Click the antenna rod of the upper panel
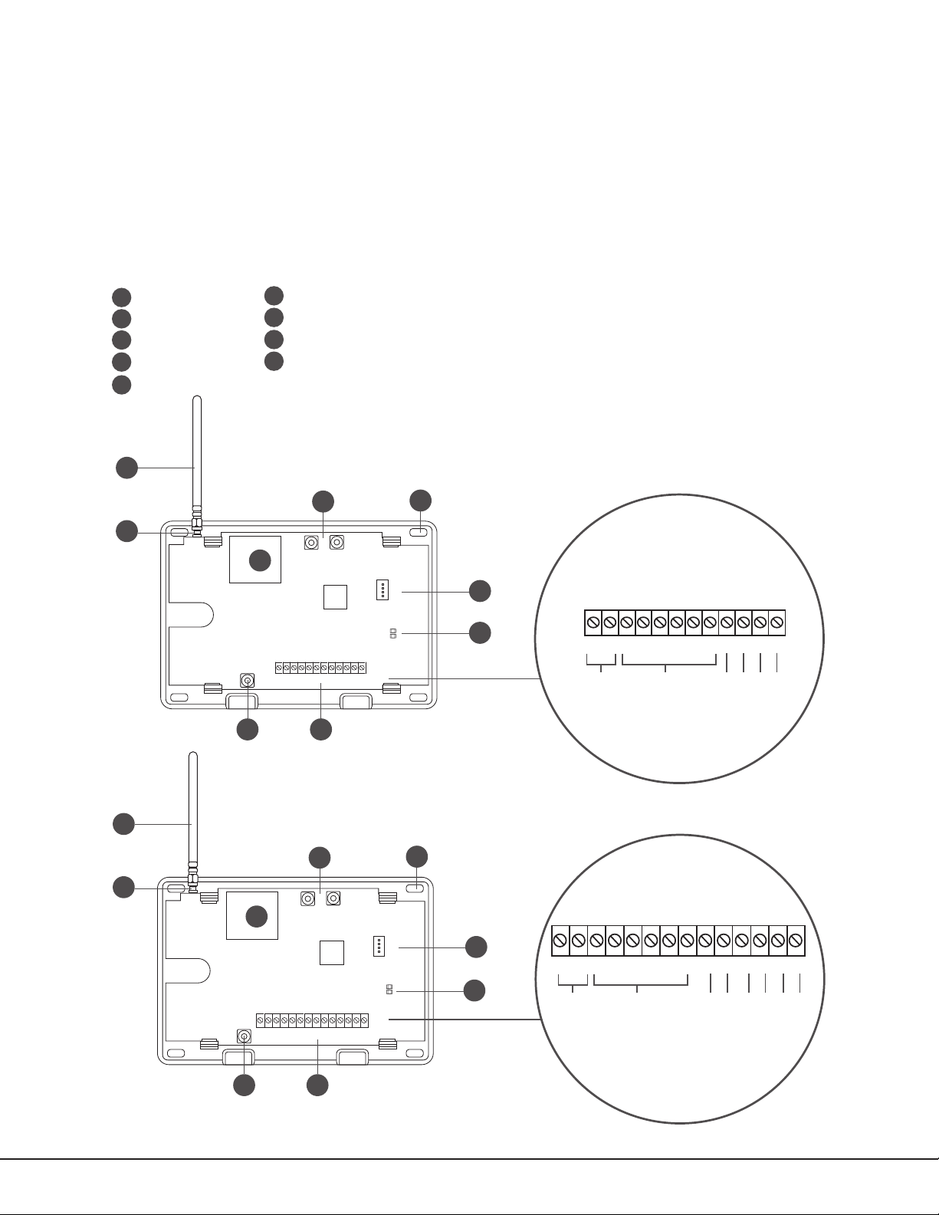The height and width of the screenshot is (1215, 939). [x=196, y=452]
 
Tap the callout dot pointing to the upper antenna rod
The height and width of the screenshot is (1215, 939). [x=126, y=468]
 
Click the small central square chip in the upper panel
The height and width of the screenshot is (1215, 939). [x=335, y=596]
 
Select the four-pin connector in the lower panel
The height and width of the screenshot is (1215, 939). [x=379, y=946]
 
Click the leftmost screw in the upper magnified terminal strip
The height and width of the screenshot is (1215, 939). [x=593, y=623]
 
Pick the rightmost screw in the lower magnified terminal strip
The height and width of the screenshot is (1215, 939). [x=795, y=940]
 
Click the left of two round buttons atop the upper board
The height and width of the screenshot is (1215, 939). [x=312, y=543]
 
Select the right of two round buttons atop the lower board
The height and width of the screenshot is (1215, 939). [x=333, y=898]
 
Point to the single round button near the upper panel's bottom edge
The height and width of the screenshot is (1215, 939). [x=248, y=680]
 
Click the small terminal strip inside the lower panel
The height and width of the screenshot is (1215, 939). [x=312, y=1020]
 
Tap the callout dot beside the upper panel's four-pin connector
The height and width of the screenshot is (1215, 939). [x=480, y=591]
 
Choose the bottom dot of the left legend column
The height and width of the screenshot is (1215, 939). [x=121, y=385]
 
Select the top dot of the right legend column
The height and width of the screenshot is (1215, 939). [x=274, y=296]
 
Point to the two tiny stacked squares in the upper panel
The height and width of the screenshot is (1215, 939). [x=393, y=634]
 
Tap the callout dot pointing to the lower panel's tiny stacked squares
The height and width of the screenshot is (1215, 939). [x=475, y=990]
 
